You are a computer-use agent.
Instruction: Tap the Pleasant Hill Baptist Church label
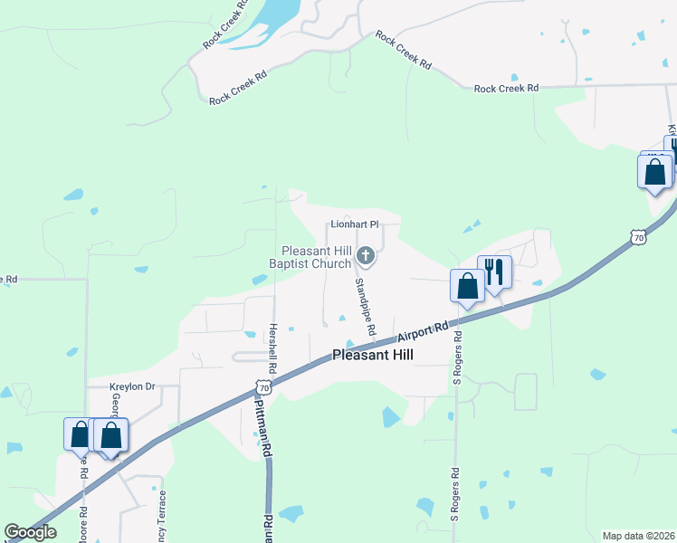(315, 257)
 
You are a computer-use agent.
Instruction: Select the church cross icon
(366, 256)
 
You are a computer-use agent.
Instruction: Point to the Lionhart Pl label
(353, 224)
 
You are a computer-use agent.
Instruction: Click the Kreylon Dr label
(132, 386)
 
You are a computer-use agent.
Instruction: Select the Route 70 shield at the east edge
(639, 237)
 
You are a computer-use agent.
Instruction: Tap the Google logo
(30, 532)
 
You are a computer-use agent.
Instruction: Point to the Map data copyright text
(639, 536)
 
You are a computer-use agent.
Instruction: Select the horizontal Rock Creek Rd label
(506, 88)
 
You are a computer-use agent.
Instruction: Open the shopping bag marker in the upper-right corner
(654, 170)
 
